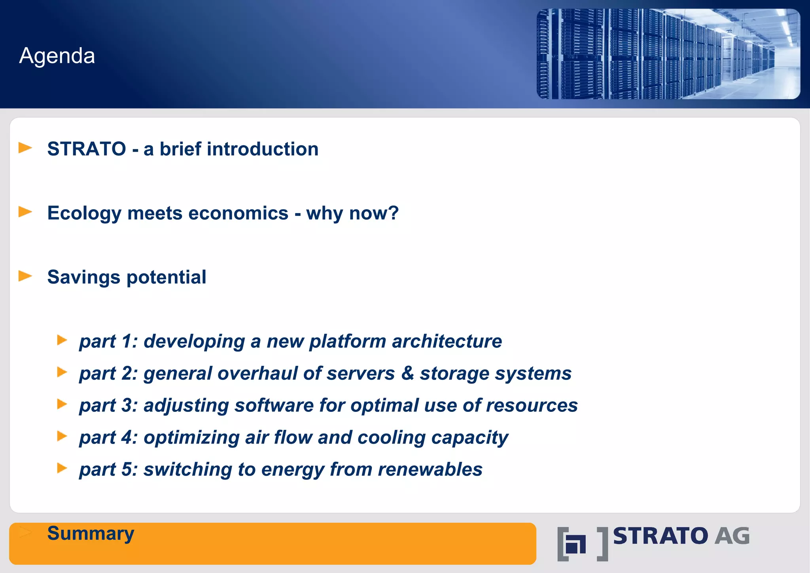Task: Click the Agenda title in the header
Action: coord(57,56)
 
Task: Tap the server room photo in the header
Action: coord(668,54)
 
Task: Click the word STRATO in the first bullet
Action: coord(87,149)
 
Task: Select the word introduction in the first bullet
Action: coord(263,149)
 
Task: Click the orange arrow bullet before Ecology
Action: coord(25,212)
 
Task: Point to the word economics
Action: coord(238,213)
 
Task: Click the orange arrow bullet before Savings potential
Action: coord(25,276)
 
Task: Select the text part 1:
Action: coord(108,341)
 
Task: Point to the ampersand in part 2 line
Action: coord(407,373)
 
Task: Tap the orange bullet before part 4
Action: coord(62,436)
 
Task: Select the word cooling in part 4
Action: coord(391,438)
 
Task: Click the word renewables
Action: coord(430,470)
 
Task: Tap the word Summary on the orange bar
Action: coord(91,533)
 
